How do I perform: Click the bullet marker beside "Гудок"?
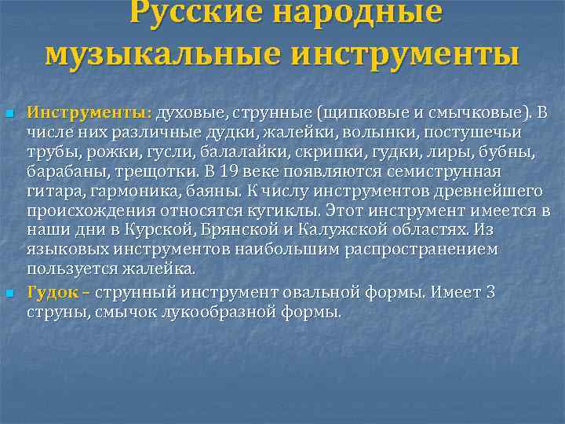click(9, 294)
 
